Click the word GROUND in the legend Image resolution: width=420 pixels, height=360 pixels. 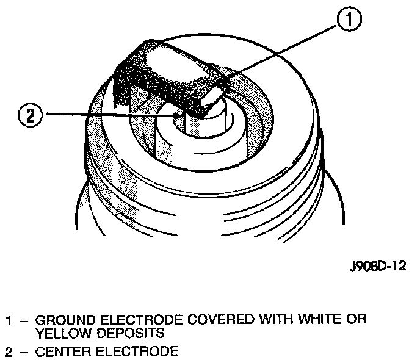(x=63, y=320)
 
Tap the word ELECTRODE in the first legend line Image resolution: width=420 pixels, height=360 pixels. (x=142, y=320)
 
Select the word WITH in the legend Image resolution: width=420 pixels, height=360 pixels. (x=274, y=320)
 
